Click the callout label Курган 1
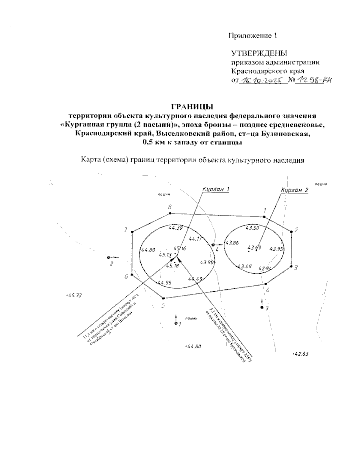[216, 189]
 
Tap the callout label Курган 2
[295, 190]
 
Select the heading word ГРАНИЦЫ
[192, 107]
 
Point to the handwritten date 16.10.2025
[262, 80]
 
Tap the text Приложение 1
[252, 36]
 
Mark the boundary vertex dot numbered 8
[170, 213]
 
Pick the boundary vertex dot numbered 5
[163, 298]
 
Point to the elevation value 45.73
[74, 295]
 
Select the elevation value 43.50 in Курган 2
[252, 228]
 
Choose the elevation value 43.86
[232, 243]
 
